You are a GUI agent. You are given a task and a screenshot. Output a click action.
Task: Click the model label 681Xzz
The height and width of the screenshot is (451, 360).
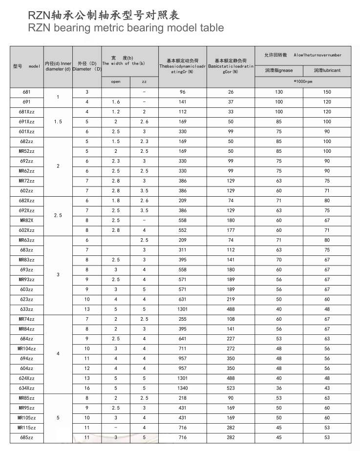(x=27, y=112)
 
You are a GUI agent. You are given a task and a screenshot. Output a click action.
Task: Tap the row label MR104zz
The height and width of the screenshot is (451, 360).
(x=27, y=349)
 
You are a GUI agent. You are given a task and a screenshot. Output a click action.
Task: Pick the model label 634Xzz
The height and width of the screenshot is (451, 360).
(x=27, y=388)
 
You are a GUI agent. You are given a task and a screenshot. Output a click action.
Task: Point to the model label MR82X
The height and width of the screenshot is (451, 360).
(x=27, y=220)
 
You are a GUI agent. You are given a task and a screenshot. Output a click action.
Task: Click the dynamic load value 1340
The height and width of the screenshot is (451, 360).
(x=183, y=388)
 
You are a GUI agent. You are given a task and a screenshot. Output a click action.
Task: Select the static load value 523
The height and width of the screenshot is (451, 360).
(x=231, y=388)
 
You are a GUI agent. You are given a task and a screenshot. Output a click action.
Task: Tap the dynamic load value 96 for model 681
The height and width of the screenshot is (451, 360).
(x=183, y=92)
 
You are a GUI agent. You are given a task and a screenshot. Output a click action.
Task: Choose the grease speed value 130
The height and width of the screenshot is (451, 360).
(x=279, y=92)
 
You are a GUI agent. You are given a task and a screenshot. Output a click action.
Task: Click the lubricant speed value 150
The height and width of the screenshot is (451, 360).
(x=327, y=92)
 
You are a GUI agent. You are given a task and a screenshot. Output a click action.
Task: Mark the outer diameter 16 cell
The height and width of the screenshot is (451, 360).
(x=87, y=388)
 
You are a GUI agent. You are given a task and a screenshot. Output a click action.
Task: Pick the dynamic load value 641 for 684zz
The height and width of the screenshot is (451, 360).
(x=183, y=339)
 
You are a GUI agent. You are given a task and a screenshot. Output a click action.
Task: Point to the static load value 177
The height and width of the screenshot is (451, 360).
(x=231, y=230)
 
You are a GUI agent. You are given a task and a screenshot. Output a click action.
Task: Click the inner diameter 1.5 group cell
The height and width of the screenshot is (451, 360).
(x=58, y=122)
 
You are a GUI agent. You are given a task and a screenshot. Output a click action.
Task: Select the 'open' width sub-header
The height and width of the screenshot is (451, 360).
(x=116, y=82)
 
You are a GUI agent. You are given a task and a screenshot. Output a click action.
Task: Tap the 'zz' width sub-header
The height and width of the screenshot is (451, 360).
(x=144, y=82)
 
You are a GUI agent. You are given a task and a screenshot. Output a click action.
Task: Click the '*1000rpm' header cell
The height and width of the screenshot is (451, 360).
(x=303, y=81)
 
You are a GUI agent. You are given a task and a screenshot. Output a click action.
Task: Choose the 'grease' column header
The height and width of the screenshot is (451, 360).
(x=279, y=70)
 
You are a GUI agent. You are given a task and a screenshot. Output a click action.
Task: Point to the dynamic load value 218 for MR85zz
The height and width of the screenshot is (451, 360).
(x=183, y=398)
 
